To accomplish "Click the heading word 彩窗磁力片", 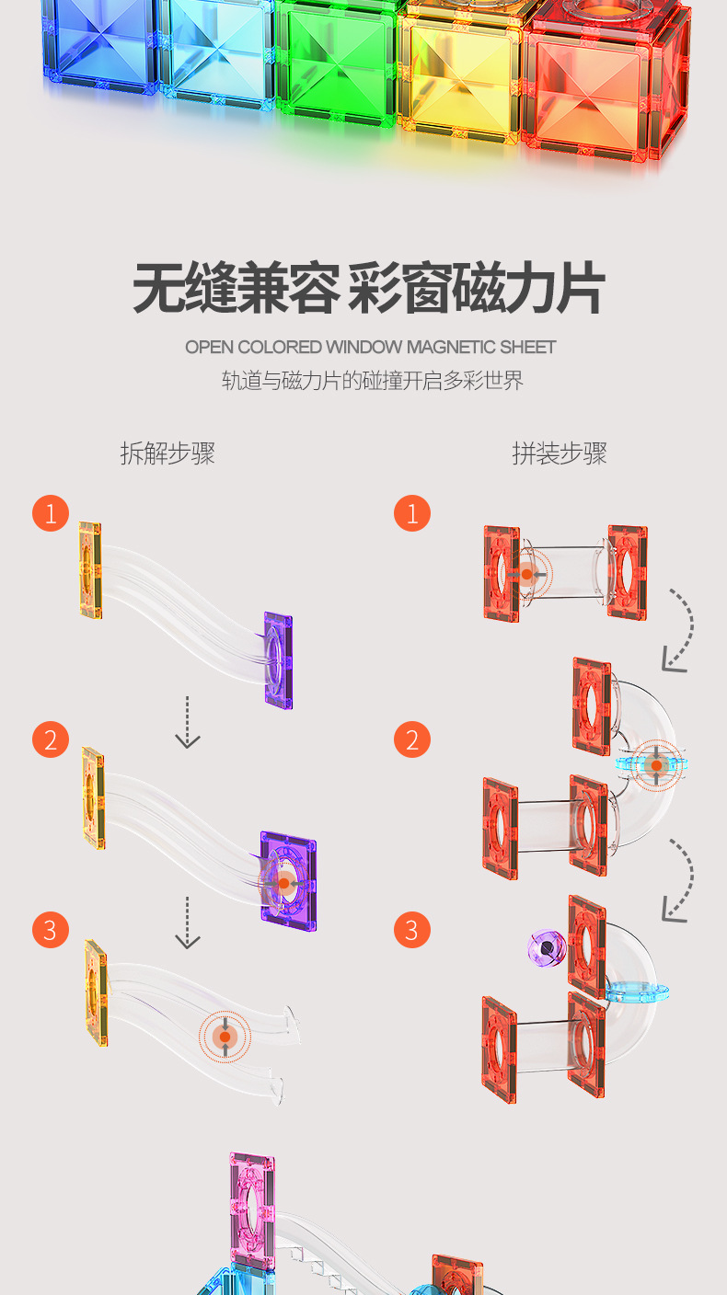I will [477, 289].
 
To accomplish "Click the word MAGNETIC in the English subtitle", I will [451, 348].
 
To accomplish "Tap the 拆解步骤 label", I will [167, 453].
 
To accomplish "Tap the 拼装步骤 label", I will [560, 453].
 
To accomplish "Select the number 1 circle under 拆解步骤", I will [51, 513].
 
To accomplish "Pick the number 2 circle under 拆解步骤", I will [51, 740].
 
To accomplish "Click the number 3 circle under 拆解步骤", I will [51, 930].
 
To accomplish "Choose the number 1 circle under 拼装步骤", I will [412, 513].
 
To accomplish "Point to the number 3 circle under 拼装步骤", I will [412, 930].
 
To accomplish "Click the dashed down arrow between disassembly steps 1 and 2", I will [188, 722].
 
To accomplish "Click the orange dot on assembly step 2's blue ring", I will [655, 764].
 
